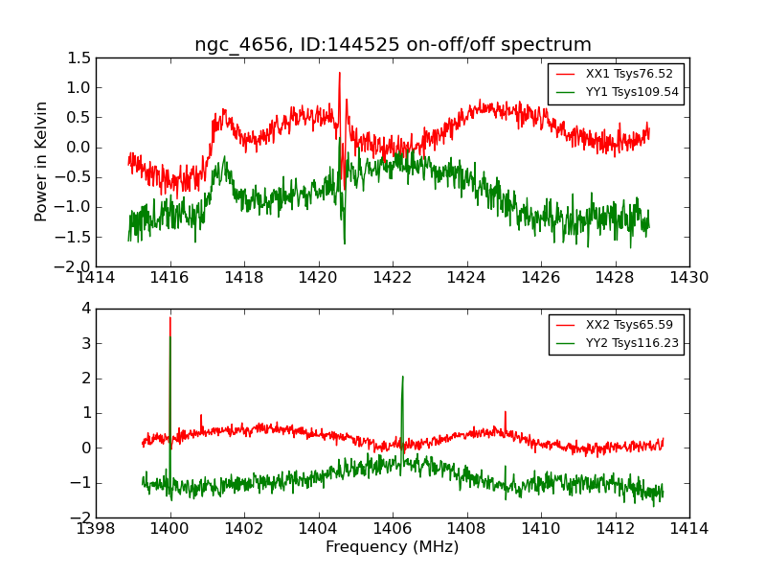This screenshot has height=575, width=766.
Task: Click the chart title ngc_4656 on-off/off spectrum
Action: (393, 45)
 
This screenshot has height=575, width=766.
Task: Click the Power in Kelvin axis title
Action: (41, 161)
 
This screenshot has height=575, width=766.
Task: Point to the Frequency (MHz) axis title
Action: (393, 547)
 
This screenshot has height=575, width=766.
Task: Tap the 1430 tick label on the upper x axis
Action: (688, 278)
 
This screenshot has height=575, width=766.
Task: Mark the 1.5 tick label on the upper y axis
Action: (79, 57)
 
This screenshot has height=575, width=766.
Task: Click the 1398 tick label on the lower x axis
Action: (97, 528)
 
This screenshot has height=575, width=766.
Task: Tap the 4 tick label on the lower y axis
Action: (85, 309)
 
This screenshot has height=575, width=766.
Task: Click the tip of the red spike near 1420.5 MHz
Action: (339, 73)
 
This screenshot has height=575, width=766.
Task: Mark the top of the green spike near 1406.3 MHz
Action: (402, 377)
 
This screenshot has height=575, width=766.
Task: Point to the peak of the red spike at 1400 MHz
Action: (170, 317)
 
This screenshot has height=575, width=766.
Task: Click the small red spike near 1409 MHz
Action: (505, 412)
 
